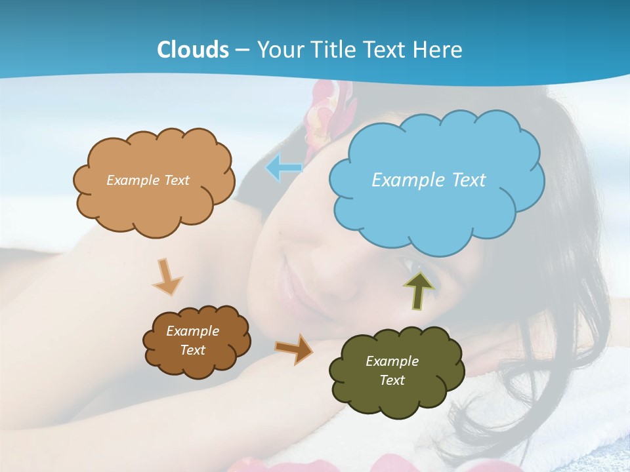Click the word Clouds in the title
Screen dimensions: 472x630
[x=193, y=50]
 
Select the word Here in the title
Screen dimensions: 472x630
[x=437, y=50]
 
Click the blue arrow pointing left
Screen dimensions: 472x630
[x=283, y=168]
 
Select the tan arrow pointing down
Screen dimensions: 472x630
[x=167, y=277]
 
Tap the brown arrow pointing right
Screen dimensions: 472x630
[x=294, y=348]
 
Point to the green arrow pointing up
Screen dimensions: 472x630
[x=419, y=289]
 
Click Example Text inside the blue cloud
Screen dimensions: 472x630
[x=429, y=180]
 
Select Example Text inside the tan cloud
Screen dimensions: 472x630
[x=148, y=180]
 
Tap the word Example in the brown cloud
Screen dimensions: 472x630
[x=192, y=331]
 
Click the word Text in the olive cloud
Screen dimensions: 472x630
[x=392, y=380]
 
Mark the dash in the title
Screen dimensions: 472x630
[x=242, y=50]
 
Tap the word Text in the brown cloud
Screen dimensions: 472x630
[x=192, y=350]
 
